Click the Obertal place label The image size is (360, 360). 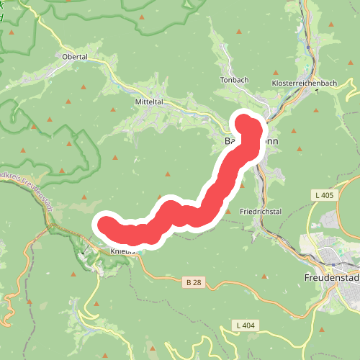(75, 57)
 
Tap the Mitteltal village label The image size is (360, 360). (150, 102)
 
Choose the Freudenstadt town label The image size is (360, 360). (330, 276)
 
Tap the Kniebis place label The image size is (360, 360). (124, 251)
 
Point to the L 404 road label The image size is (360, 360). (246, 325)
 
